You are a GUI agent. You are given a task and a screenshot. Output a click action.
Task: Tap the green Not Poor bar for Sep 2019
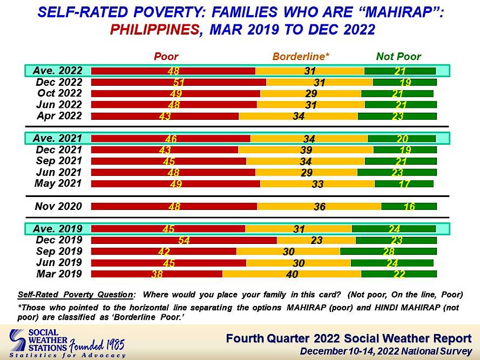[x=388, y=252]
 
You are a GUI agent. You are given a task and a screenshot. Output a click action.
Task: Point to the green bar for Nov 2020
[x=409, y=206]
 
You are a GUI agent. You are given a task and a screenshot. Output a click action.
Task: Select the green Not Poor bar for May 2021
[x=404, y=184]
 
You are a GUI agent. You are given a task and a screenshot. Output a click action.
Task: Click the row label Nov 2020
[x=58, y=206]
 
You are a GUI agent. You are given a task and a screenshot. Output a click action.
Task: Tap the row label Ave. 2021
[x=58, y=138]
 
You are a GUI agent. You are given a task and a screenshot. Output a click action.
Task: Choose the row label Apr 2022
[x=59, y=116]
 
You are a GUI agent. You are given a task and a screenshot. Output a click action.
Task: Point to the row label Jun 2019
[x=59, y=263]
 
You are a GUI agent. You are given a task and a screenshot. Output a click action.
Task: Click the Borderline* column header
[x=301, y=57]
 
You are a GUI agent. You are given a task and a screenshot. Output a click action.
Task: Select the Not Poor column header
[x=398, y=57]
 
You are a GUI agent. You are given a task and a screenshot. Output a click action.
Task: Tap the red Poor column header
[x=166, y=57]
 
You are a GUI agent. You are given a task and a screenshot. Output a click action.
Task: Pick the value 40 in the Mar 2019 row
[x=292, y=274]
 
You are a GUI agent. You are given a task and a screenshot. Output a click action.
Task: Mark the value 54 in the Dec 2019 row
[x=184, y=240]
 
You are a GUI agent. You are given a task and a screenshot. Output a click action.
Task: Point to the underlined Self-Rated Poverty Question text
[x=75, y=295]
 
